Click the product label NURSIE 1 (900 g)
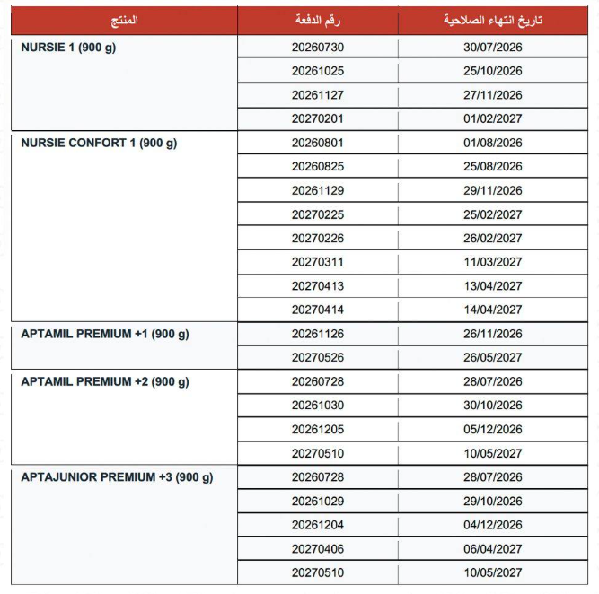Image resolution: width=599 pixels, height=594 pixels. [x=68, y=47]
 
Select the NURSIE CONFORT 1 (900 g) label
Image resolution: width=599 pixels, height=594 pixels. [x=99, y=143]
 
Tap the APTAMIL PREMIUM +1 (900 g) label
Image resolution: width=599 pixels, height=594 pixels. [x=105, y=334]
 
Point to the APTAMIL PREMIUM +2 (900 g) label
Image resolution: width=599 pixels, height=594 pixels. [x=105, y=381]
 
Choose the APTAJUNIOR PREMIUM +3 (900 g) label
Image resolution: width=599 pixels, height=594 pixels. [x=117, y=477]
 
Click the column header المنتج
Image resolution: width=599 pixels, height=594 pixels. [x=124, y=20]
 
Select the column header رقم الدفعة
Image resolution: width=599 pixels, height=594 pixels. [x=317, y=20]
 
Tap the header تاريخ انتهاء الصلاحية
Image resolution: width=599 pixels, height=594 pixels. [x=493, y=20]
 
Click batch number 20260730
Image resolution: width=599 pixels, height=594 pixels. [x=318, y=47]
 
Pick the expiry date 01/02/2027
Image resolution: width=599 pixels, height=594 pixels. [x=493, y=118]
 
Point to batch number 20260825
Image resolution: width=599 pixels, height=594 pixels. [x=318, y=166]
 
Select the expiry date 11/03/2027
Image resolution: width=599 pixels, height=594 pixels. [x=493, y=262]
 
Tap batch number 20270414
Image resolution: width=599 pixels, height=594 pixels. [x=318, y=310]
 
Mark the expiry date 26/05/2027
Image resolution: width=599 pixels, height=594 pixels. [x=493, y=357]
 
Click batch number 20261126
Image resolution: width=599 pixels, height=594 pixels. [x=318, y=334]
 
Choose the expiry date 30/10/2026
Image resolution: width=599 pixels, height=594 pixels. [x=493, y=406]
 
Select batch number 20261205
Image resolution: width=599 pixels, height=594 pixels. [x=318, y=429]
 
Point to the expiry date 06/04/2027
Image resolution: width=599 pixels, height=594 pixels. [x=493, y=548]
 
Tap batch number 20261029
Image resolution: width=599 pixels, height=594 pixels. [x=318, y=501]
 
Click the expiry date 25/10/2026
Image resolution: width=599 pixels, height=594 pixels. [x=493, y=71]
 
